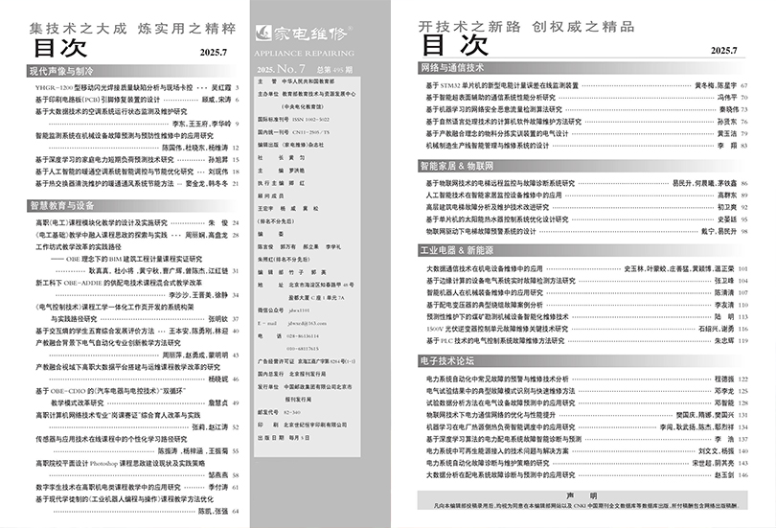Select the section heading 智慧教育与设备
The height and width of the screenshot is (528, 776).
point(63,205)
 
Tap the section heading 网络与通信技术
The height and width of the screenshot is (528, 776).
point(451,70)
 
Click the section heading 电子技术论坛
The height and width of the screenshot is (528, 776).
point(446,361)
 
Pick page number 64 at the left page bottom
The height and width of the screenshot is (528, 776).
point(236,513)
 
